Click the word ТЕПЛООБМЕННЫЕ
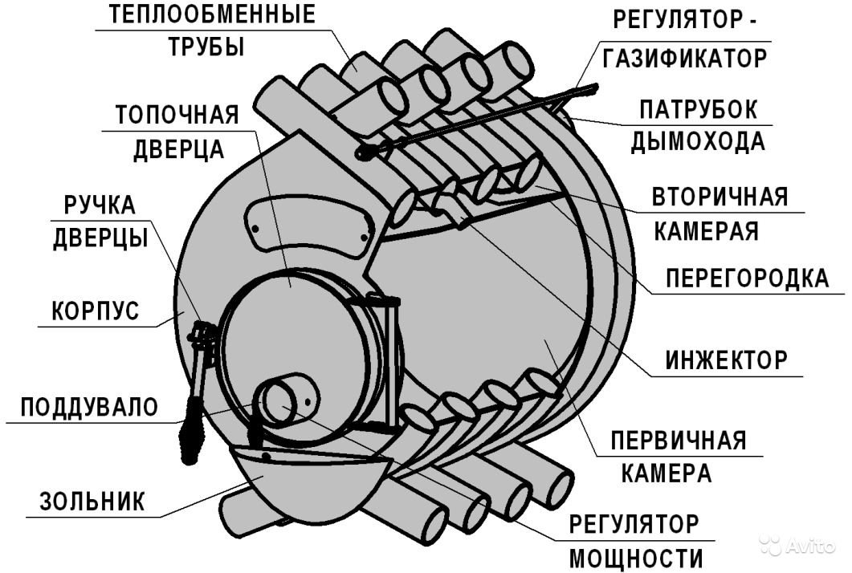pyautogui.click(x=212, y=14)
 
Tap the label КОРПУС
pyautogui.click(x=95, y=311)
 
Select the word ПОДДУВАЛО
pyautogui.click(x=89, y=407)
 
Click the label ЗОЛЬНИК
pyautogui.click(x=92, y=502)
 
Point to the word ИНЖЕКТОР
pyautogui.click(x=726, y=360)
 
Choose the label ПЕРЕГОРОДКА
pyautogui.click(x=748, y=278)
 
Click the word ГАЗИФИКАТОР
pyautogui.click(x=685, y=58)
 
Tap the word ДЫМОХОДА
pyautogui.click(x=698, y=142)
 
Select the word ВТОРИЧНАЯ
pyautogui.click(x=720, y=197)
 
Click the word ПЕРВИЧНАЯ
pyautogui.click(x=679, y=441)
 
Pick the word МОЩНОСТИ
pyautogui.click(x=636, y=559)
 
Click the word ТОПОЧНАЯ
pyautogui.click(x=177, y=115)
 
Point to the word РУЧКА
pyautogui.click(x=100, y=205)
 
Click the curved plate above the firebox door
pyautogui.click(x=308, y=226)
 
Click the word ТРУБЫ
pyautogui.click(x=206, y=47)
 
